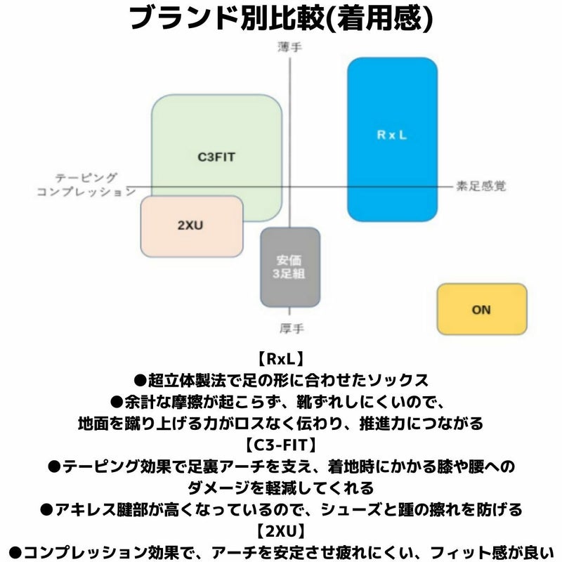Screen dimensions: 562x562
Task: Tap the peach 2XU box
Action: point(191,226)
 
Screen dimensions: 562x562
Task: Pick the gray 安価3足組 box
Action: point(289,267)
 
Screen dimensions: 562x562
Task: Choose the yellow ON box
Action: point(481,309)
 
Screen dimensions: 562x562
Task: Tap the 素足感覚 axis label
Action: point(481,186)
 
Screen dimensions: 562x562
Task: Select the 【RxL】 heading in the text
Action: point(281,359)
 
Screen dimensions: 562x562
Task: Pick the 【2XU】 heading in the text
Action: point(281,530)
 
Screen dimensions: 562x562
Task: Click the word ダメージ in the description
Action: point(215,487)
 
